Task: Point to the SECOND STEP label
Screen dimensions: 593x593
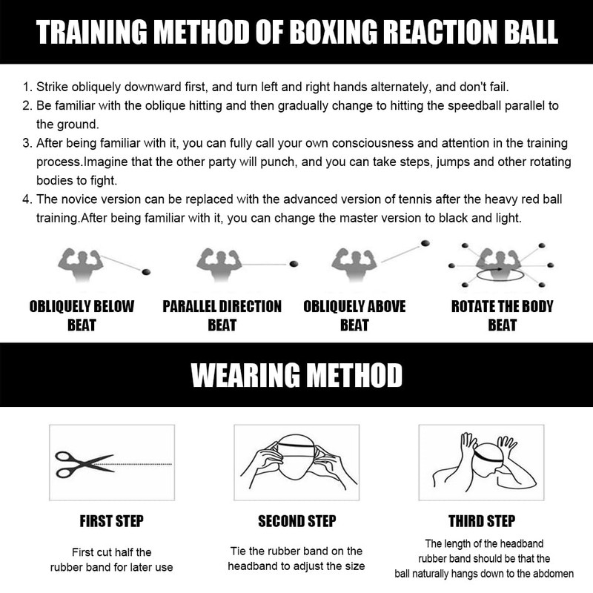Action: pyautogui.click(x=296, y=521)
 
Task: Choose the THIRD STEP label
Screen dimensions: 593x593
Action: pyautogui.click(x=482, y=521)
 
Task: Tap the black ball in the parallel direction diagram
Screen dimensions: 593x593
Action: pyautogui.click(x=294, y=262)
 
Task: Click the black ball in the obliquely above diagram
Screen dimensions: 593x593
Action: pyautogui.click(x=425, y=243)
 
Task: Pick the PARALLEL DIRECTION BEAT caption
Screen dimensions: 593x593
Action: pyautogui.click(x=222, y=315)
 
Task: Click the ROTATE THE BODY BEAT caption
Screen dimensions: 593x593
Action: pyautogui.click(x=503, y=315)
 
